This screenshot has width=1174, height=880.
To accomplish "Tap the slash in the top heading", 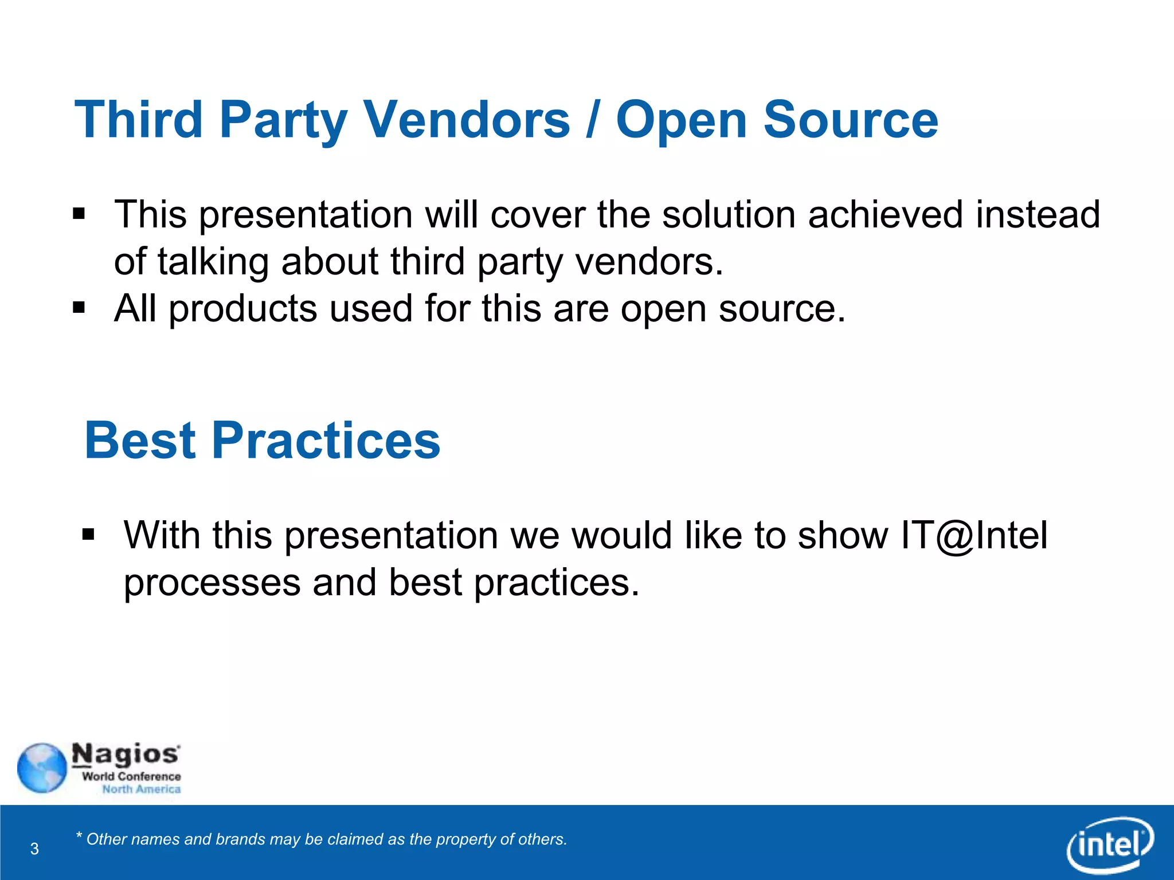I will pos(593,120).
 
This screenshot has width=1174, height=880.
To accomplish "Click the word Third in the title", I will pos(139,120).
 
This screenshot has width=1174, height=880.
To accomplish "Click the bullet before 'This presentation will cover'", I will pos(79,215).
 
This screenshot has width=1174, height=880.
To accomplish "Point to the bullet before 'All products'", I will pos(79,308).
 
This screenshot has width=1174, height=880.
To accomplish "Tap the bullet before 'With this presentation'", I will pos(88,535).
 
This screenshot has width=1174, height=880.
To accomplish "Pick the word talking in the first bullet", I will pos(213,262).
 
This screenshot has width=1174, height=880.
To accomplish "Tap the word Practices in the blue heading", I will pos(327,441).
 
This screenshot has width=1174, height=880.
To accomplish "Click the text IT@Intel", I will pos(973,536).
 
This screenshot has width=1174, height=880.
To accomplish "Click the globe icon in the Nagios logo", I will pos(42,768).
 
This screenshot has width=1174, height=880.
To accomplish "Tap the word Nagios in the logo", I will pos(126,755).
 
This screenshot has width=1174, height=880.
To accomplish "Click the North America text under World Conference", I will pos(141,789).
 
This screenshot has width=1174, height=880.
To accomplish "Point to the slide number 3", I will pos(34,848).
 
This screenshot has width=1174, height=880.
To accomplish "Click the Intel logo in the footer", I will pos(1110,844).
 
